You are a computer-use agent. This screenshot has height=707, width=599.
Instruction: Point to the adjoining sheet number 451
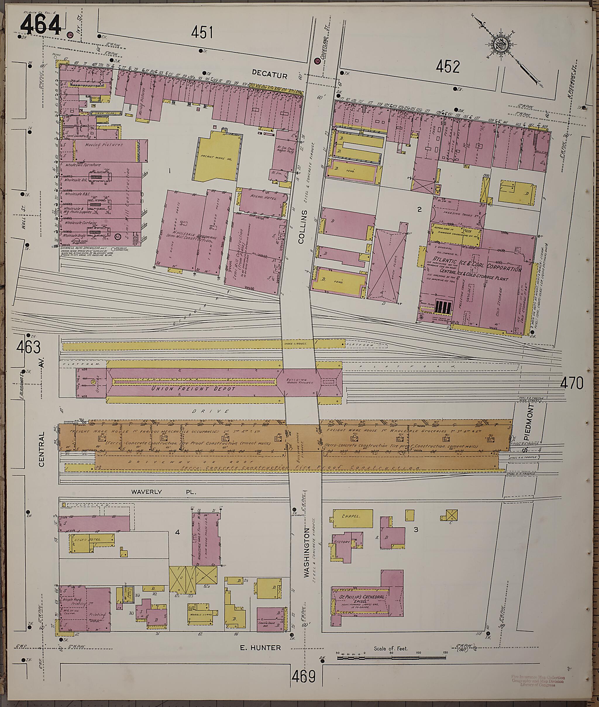click(x=202, y=33)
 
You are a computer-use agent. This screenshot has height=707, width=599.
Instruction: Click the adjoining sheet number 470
click(x=572, y=384)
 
